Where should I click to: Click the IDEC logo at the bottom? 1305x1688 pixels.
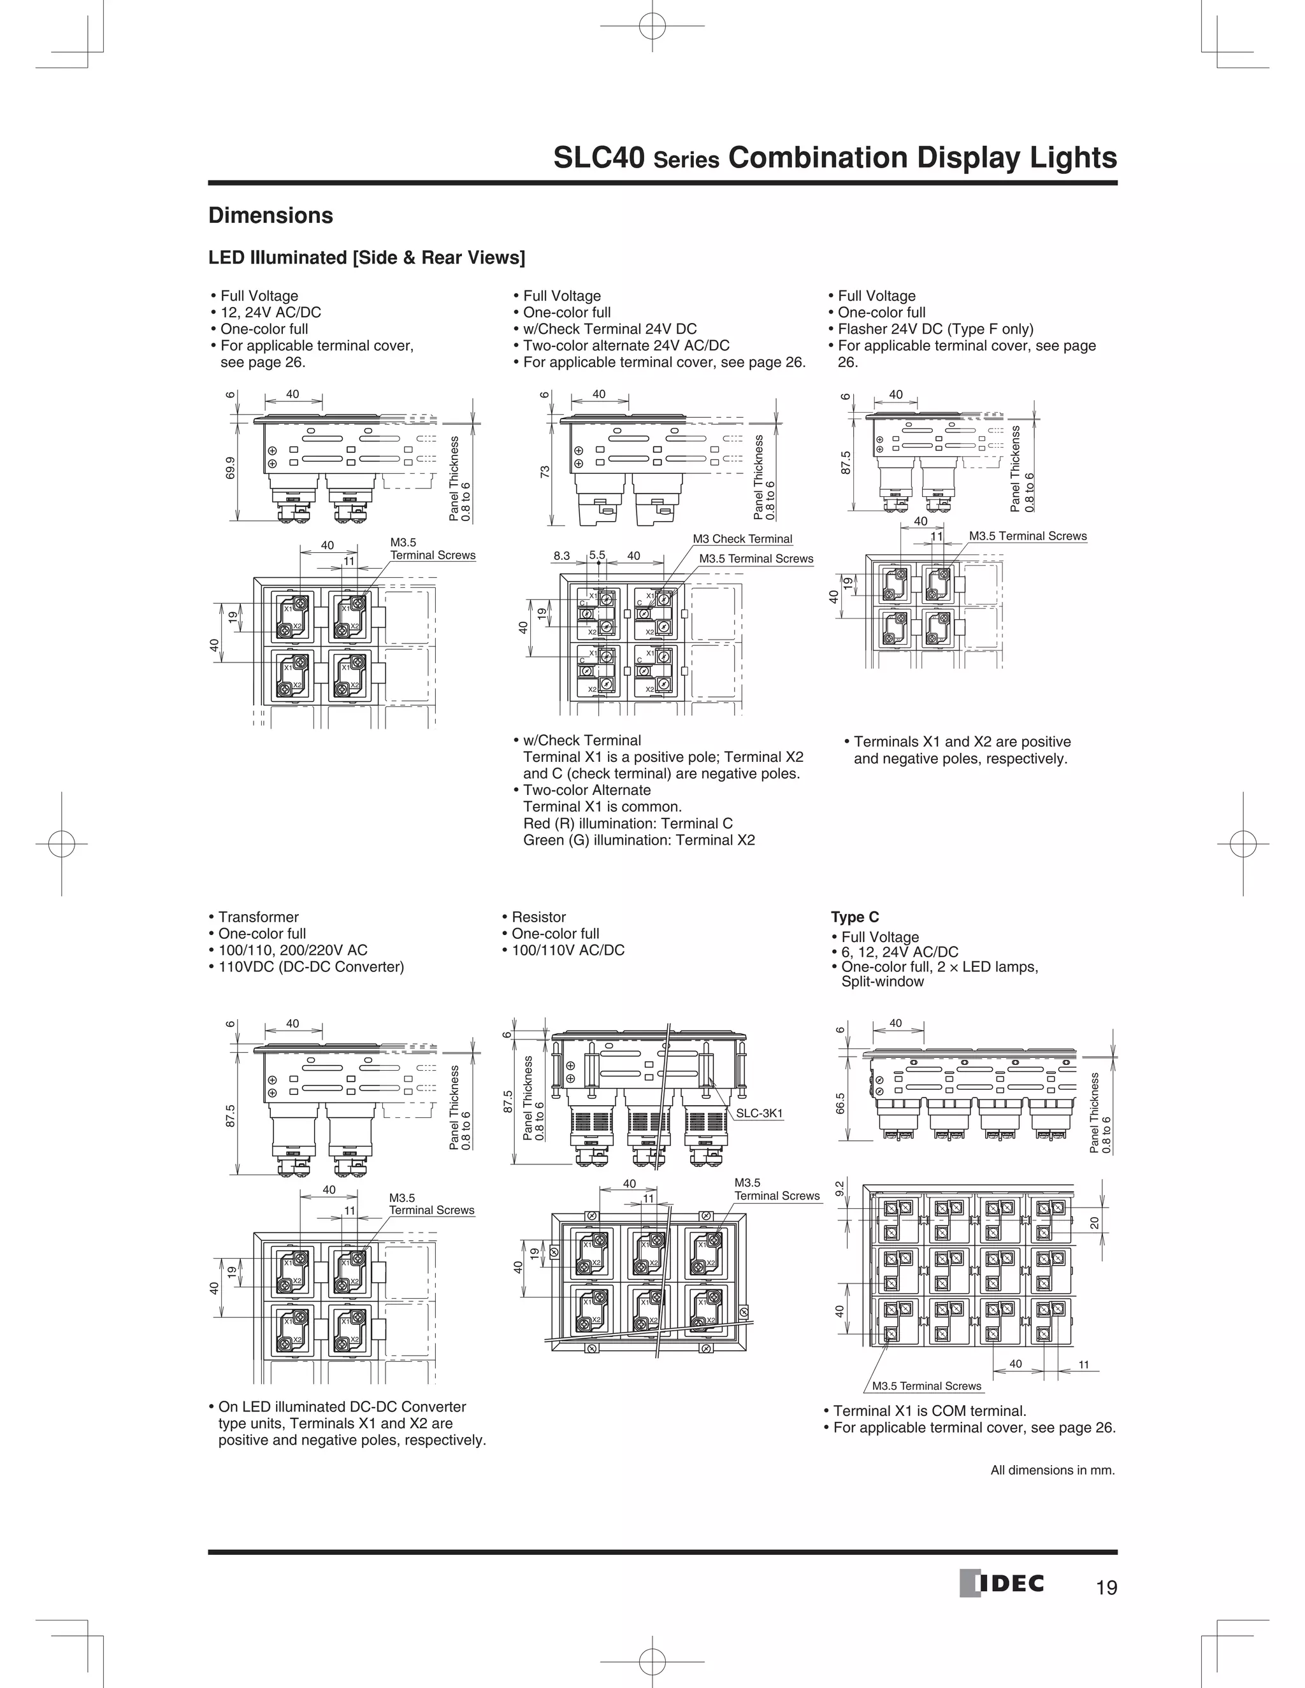pyautogui.click(x=1002, y=1584)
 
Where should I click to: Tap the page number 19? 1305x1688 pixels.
pyautogui.click(x=1106, y=1587)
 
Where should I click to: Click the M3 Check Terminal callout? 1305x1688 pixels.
pyautogui.click(x=742, y=539)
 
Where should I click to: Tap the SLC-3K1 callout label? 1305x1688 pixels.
pyautogui.click(x=759, y=1113)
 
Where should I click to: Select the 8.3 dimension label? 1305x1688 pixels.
pyautogui.click(x=561, y=555)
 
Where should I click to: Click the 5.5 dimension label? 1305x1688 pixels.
pyautogui.click(x=597, y=555)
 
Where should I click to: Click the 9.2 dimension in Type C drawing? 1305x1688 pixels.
pyautogui.click(x=840, y=1188)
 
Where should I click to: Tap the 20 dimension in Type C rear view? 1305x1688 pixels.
pyautogui.click(x=1094, y=1222)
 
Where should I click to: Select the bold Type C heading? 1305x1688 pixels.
pyautogui.click(x=854, y=917)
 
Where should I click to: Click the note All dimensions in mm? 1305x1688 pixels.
pyautogui.click(x=1052, y=1470)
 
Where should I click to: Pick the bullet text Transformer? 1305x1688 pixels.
pyautogui.click(x=258, y=917)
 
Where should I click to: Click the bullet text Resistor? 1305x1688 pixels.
pyautogui.click(x=539, y=917)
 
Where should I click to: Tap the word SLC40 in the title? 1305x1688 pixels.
pyautogui.click(x=599, y=158)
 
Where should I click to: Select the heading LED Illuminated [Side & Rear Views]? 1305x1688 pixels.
pyautogui.click(x=366, y=257)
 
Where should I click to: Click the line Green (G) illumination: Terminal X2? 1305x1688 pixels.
pyautogui.click(x=638, y=840)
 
